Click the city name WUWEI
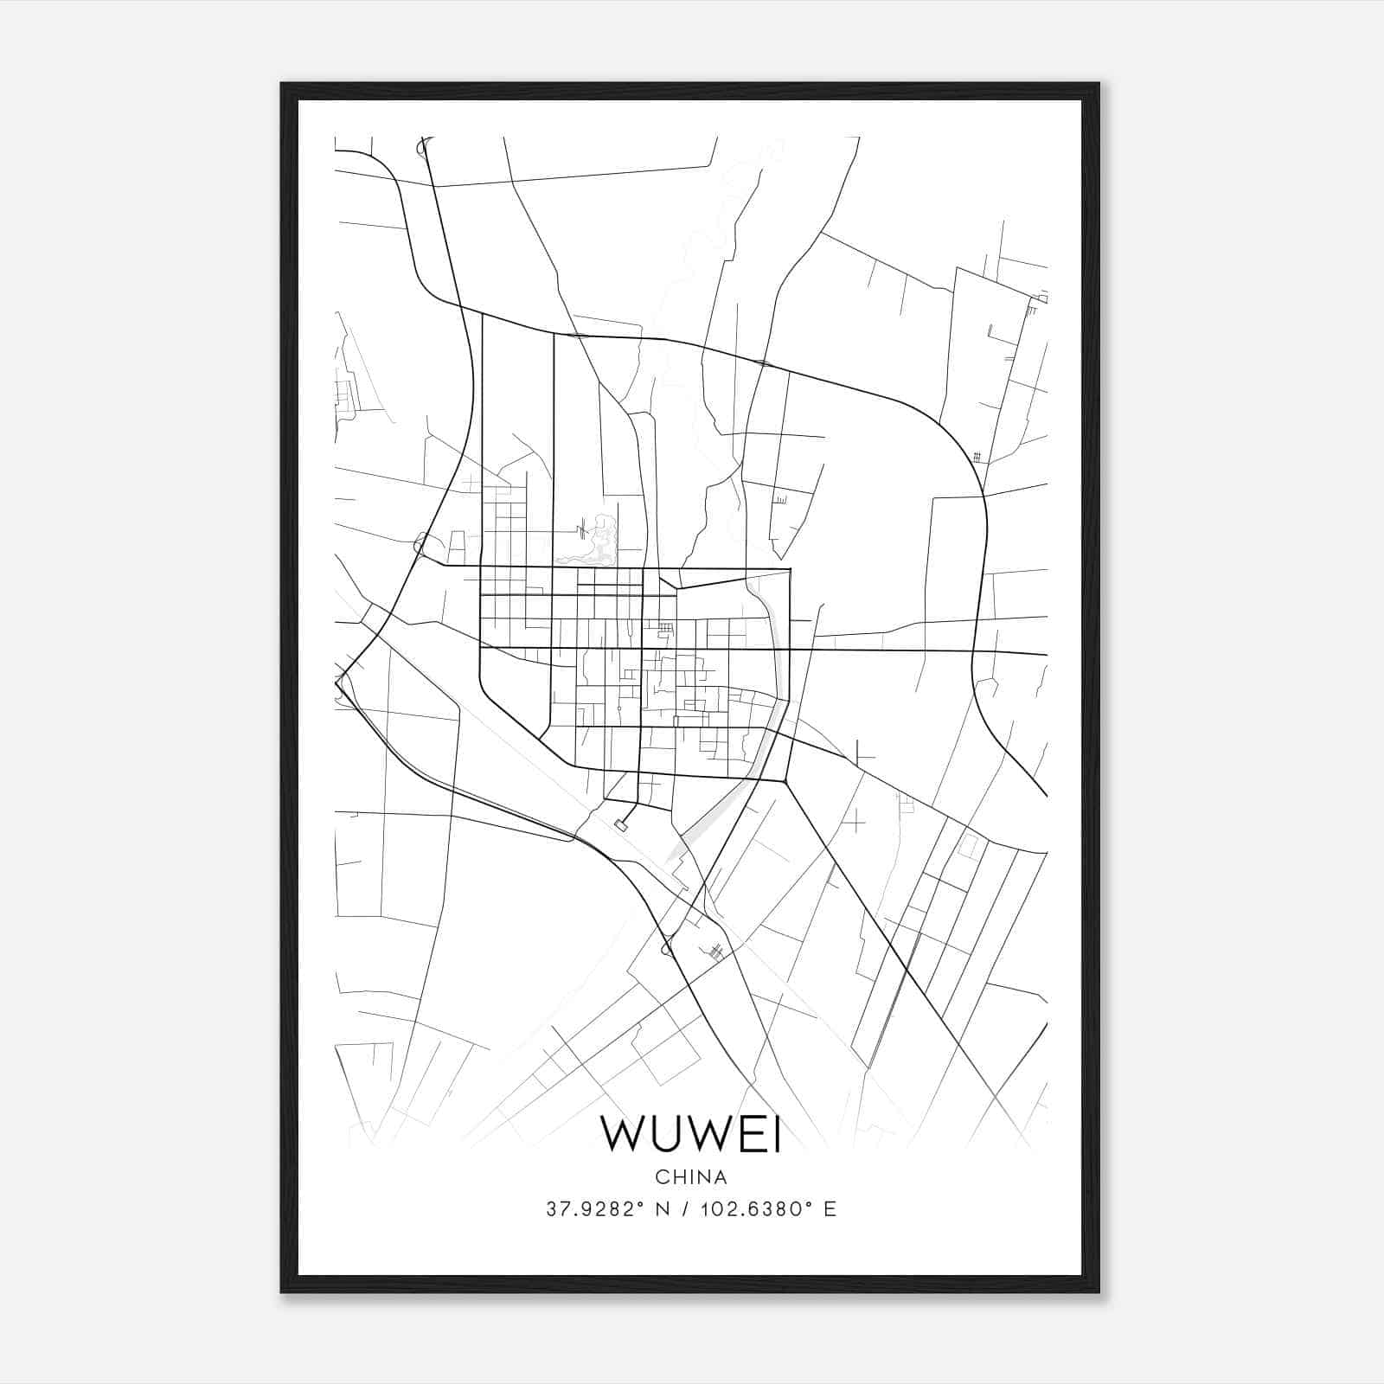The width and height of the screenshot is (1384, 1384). tap(691, 1135)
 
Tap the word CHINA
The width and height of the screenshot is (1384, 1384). tap(691, 1177)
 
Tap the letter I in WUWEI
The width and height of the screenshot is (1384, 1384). tap(776, 1135)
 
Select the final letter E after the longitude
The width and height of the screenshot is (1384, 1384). tap(830, 1209)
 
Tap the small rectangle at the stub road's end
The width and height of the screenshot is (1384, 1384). tap(620, 826)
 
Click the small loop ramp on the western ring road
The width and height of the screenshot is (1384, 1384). tap(420, 543)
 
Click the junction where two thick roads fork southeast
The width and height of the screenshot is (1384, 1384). tap(785, 781)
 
